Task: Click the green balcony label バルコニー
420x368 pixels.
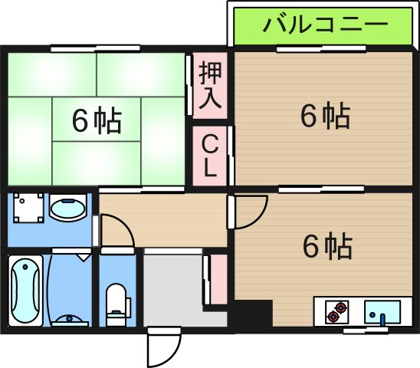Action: point(324,26)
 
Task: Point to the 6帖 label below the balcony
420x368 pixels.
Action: point(325,116)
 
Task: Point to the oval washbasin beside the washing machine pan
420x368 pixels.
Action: point(68,209)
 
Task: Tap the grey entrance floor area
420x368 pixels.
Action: point(176,291)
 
